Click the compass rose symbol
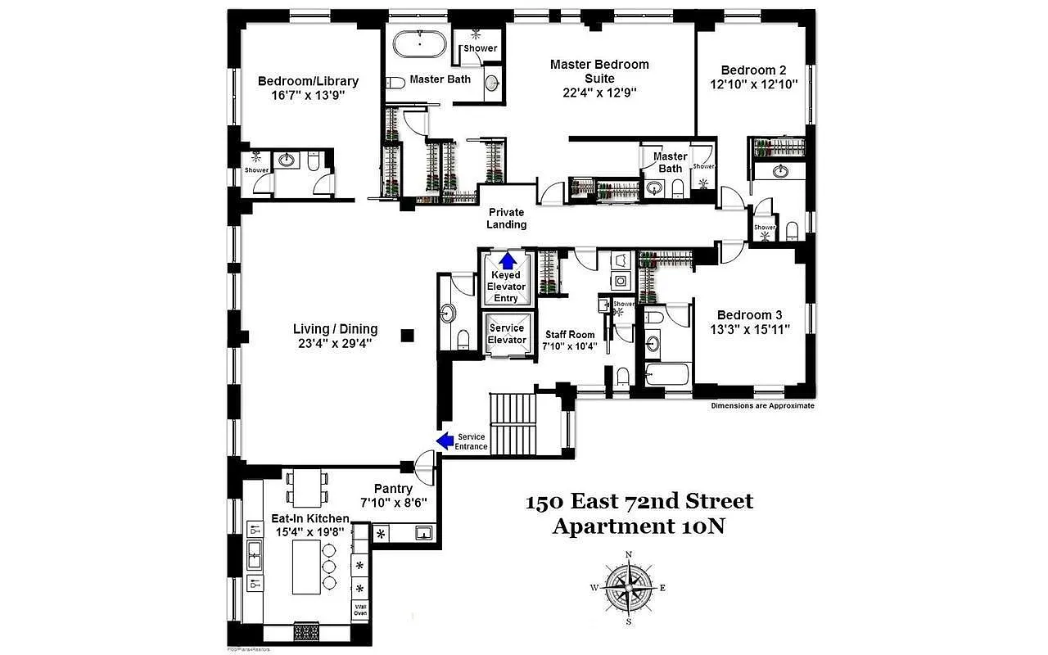[x=628, y=588]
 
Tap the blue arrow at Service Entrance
[x=445, y=441]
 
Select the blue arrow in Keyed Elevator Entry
[x=508, y=261]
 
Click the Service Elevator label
[x=507, y=334]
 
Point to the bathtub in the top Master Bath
[x=418, y=43]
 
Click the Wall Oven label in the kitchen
[x=360, y=608]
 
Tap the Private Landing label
[x=507, y=219]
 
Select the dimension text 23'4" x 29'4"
[x=336, y=344]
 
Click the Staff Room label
[x=570, y=334]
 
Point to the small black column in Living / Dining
[x=408, y=334]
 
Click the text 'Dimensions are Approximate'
[x=762, y=406]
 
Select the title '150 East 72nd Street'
[x=639, y=501]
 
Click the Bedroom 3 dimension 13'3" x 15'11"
[x=744, y=330]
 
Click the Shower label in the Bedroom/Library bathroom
[x=256, y=170]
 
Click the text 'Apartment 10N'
[x=639, y=526]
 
